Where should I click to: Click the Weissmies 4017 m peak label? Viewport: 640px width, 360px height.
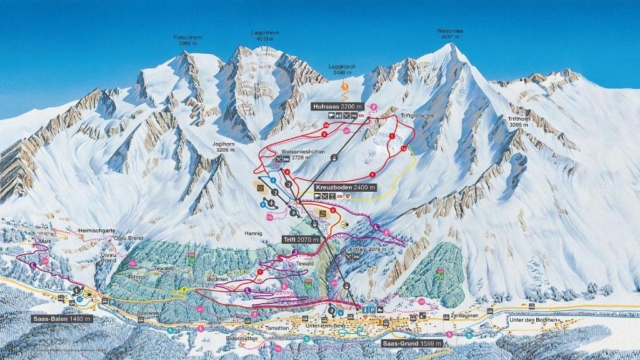click(x=451, y=34)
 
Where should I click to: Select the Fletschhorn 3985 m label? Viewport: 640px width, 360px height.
click(x=187, y=41)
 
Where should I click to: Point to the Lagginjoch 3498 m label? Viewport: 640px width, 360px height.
click(x=342, y=69)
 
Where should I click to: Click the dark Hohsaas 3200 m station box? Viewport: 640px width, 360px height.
click(x=338, y=107)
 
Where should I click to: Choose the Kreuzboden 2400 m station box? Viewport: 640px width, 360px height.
click(x=346, y=187)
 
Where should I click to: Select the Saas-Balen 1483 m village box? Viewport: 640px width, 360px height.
click(x=62, y=319)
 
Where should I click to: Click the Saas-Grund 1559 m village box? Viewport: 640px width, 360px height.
click(x=412, y=343)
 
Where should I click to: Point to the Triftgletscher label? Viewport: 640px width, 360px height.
click(x=417, y=116)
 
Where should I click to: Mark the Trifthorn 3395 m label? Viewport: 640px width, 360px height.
click(x=519, y=122)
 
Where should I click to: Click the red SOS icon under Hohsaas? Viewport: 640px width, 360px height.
click(x=361, y=116)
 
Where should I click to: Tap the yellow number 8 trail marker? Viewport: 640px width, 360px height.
click(x=184, y=289)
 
